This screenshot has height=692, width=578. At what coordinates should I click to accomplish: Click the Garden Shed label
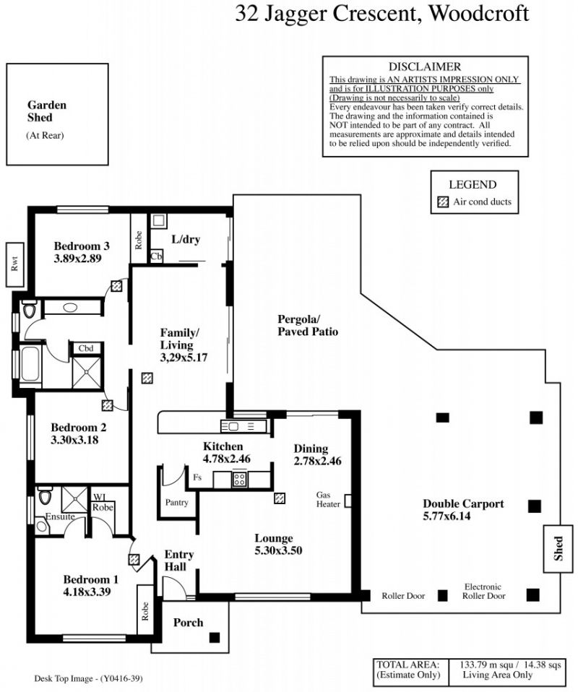(47, 111)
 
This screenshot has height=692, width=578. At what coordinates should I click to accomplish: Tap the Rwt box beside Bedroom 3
(15, 264)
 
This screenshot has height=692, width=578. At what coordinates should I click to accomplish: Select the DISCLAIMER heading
(425, 66)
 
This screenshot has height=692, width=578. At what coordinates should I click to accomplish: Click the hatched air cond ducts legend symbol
(442, 202)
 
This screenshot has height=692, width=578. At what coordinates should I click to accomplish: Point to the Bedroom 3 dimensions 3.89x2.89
(78, 259)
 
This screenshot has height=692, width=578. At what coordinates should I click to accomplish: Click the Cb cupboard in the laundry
(156, 256)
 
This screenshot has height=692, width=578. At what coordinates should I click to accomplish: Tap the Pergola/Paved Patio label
(308, 325)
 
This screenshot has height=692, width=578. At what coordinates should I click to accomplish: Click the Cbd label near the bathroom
(86, 348)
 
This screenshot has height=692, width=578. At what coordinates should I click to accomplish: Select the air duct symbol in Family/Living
(147, 379)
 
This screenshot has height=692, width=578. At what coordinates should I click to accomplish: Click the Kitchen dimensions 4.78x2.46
(227, 459)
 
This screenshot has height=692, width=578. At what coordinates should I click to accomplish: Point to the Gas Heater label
(328, 500)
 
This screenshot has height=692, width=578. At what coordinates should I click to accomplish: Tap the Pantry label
(176, 502)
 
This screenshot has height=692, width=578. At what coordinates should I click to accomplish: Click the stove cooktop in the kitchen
(240, 480)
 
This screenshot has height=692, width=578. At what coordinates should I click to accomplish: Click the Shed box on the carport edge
(558, 548)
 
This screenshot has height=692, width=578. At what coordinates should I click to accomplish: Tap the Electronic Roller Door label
(483, 592)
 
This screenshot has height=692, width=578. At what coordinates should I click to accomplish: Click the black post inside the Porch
(214, 637)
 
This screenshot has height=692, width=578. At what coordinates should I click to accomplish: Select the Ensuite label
(60, 516)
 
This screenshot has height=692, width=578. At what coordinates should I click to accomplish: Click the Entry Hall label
(179, 561)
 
